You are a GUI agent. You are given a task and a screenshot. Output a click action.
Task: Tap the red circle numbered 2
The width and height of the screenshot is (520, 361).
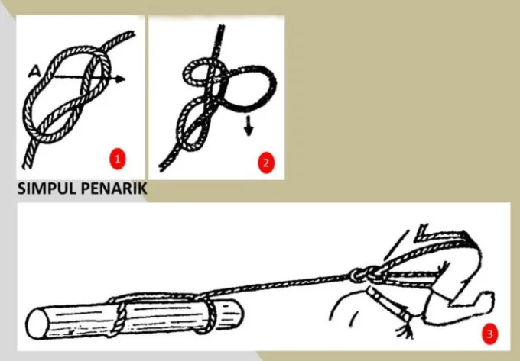coord(265,162)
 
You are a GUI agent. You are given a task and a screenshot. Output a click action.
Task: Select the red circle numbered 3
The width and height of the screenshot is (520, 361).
coord(489,334)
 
